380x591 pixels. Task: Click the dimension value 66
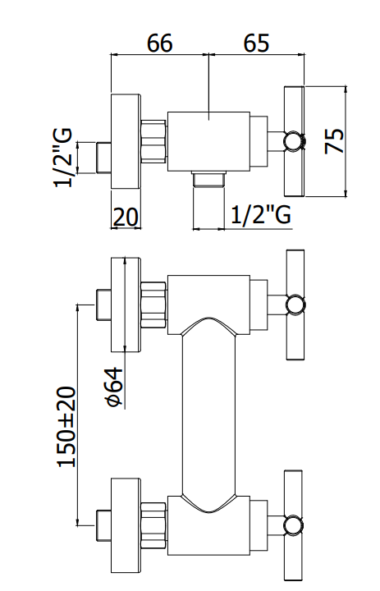point(159,43)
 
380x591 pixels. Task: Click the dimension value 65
point(256,43)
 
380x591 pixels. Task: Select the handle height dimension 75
point(335,141)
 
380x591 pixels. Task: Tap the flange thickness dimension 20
point(126,217)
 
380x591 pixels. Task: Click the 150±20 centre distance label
point(66,426)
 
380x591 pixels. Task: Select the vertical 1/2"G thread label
point(62,158)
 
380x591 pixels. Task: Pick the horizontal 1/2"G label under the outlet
point(260,215)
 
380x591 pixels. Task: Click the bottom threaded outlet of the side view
point(208,179)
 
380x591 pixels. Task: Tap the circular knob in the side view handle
point(294,141)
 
